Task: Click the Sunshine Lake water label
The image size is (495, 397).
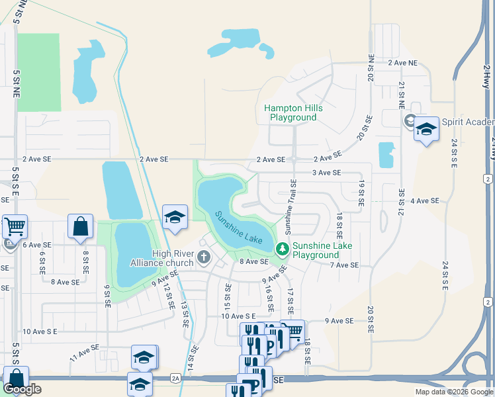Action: click(238, 226)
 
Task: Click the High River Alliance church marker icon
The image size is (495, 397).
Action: click(204, 257)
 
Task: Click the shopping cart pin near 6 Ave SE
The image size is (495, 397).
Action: click(15, 226)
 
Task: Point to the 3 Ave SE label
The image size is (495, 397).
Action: click(326, 173)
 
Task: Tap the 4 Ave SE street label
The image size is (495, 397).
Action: click(424, 200)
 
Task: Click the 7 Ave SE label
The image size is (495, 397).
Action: click(343, 265)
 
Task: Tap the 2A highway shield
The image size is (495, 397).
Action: click(175, 378)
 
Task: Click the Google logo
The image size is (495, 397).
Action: click(22, 389)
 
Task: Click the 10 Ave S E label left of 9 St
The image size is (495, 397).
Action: click(40, 331)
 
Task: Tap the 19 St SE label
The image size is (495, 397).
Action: click(362, 192)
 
